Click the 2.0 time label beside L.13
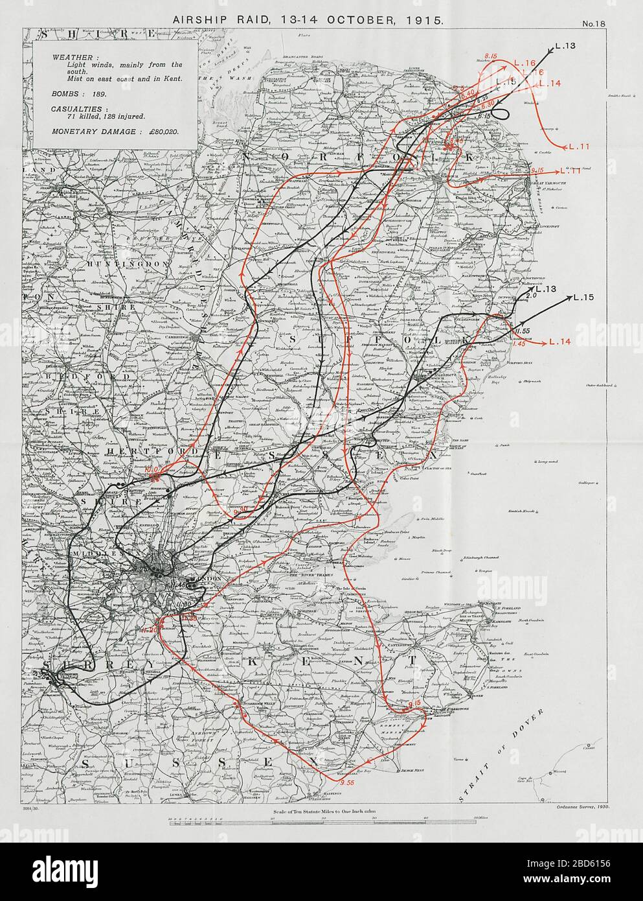coord(532,296)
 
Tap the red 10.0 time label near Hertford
coord(152,469)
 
